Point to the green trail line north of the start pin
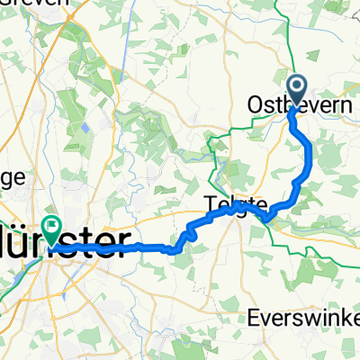point(291,54)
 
